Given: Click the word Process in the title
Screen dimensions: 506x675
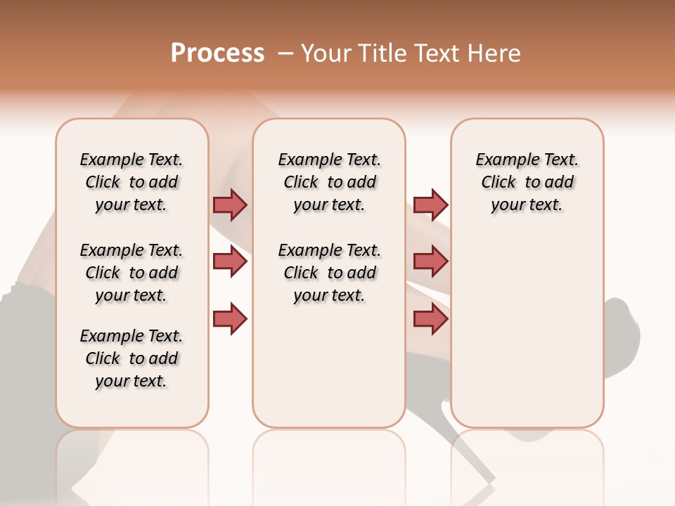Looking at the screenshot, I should point(217,53).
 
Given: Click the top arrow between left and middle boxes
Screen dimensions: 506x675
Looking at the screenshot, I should point(230,205).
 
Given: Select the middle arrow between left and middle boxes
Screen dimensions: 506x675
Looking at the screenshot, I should point(230,261).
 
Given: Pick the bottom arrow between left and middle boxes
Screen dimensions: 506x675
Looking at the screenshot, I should point(230,319).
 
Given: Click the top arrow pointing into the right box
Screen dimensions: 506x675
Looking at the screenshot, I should point(430,205).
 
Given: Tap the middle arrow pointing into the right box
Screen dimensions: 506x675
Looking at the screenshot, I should point(430,261).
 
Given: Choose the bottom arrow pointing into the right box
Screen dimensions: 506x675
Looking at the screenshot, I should point(430,319).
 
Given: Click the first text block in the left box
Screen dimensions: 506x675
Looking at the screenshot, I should point(131,182).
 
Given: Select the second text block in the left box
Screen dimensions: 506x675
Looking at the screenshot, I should point(131,273).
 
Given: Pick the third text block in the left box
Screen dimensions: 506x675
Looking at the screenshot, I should point(131,358).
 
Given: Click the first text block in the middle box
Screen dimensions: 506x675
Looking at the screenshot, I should point(329,182).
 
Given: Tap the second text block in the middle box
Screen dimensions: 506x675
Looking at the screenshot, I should point(329,273).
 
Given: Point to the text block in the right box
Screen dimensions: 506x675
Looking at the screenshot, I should point(527,182).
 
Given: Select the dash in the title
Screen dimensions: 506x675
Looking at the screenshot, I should point(286,53).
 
